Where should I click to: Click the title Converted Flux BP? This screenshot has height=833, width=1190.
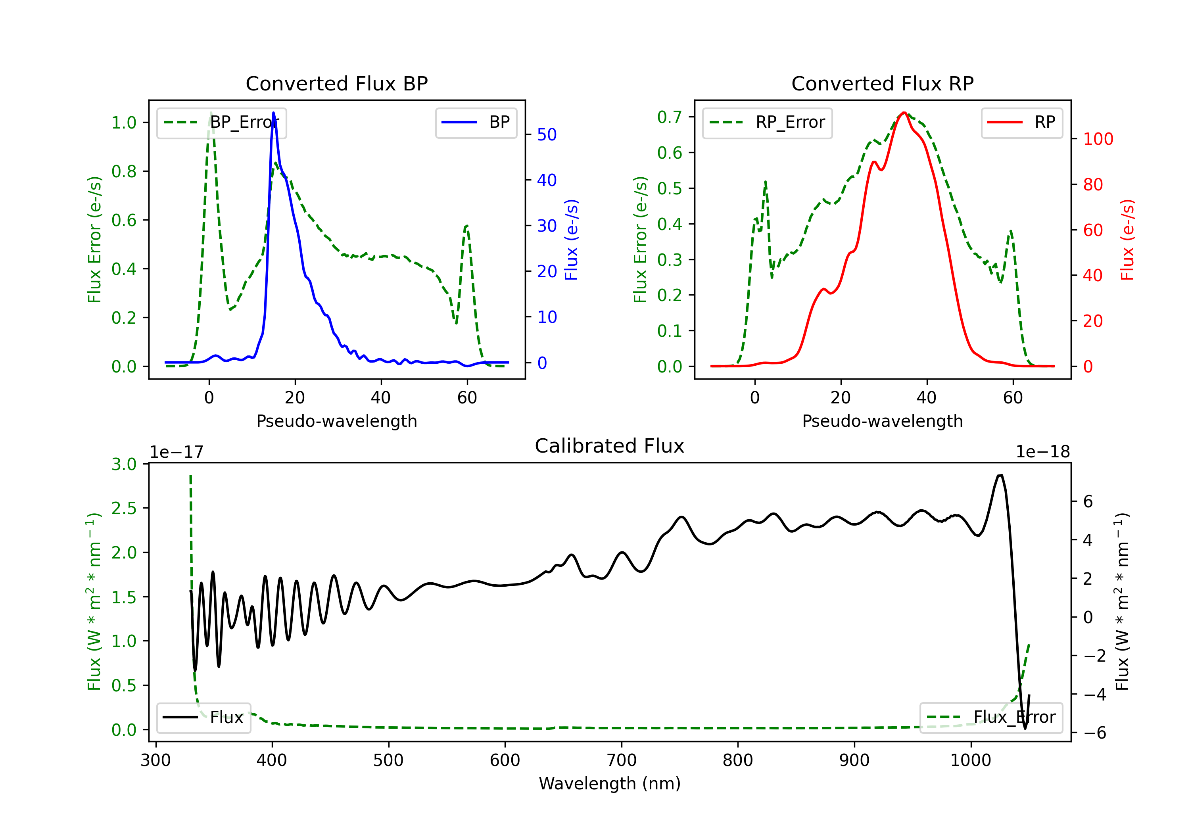[x=336, y=83]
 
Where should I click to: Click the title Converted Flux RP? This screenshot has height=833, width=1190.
[x=882, y=83]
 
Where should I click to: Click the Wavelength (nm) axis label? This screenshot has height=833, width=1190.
[x=610, y=783]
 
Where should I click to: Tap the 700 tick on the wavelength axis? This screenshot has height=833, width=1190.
[x=622, y=760]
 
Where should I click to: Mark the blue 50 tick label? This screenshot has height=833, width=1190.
[x=546, y=135]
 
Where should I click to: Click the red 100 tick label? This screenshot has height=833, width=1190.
[x=1098, y=139]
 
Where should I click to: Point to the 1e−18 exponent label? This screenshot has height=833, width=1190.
[x=1042, y=452]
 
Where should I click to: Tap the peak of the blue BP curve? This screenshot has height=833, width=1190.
[x=274, y=113]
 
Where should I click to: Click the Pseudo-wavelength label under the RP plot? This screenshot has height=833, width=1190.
[x=882, y=421]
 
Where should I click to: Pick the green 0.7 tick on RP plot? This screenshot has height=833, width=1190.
[x=669, y=117]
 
